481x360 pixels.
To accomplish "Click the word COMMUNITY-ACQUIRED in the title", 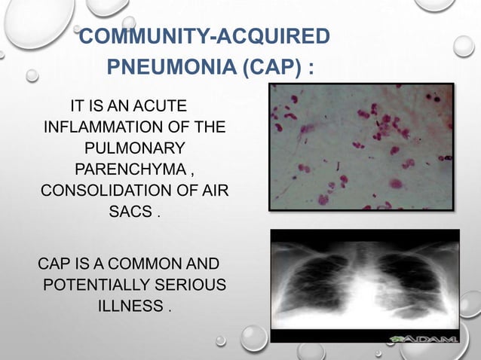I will click(204, 37).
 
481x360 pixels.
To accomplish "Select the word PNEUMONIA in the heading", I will click(173, 71).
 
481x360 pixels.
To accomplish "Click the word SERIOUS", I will click(193, 285).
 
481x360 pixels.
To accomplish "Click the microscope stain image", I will click(362, 146).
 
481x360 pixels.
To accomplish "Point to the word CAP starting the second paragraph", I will click(54, 264).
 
